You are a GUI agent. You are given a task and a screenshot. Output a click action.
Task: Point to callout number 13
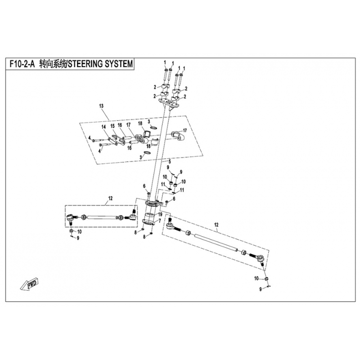(101, 106)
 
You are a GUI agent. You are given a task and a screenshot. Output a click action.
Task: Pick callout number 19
(160, 215)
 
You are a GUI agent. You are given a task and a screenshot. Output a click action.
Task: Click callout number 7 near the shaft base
(159, 221)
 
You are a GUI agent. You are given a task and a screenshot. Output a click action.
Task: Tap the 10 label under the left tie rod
(79, 232)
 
